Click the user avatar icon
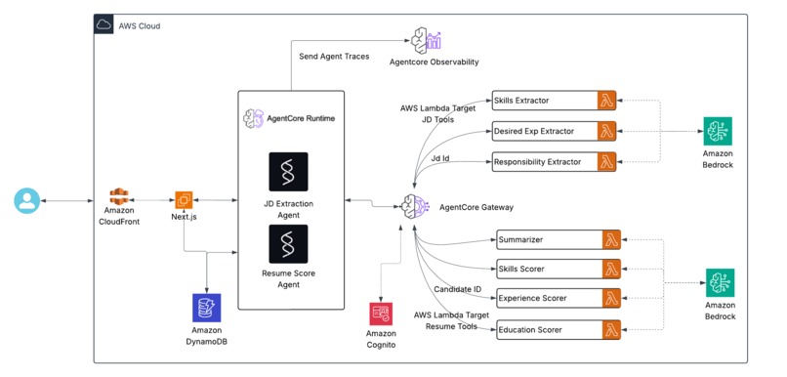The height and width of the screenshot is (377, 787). point(26,201)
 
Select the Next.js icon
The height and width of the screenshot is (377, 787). point(183,200)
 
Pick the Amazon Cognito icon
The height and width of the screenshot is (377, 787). point(381,314)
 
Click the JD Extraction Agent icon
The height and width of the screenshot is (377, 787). point(288,172)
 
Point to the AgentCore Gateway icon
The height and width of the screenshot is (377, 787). point(415,206)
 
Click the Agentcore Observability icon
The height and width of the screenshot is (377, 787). point(427,41)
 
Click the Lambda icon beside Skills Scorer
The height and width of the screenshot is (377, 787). point(611,269)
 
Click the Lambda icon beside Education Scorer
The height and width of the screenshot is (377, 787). point(611,330)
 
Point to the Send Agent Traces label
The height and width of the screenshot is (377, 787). point(334,57)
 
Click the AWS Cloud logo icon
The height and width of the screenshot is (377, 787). point(104,25)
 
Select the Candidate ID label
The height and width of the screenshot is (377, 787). point(458,289)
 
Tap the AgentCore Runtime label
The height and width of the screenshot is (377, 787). point(301,118)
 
